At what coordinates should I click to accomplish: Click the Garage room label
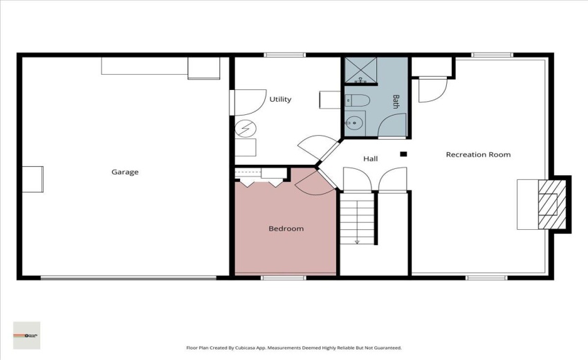[125, 172]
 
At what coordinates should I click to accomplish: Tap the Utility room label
[280, 99]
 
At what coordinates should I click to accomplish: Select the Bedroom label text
[286, 228]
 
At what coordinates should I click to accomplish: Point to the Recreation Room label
[478, 154]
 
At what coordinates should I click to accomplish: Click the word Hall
[371, 159]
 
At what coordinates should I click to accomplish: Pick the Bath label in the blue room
[396, 102]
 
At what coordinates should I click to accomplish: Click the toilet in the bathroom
[356, 100]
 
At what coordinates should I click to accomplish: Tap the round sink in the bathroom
[355, 123]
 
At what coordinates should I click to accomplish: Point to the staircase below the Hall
[358, 218]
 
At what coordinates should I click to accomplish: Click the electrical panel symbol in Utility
[246, 128]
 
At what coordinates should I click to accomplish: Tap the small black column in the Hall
[403, 154]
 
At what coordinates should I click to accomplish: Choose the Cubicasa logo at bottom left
[26, 335]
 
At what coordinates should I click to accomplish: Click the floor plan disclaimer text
[293, 348]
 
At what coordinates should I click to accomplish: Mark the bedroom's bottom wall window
[284, 278]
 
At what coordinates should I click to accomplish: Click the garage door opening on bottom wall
[128, 278]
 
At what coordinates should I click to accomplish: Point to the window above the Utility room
[284, 55]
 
